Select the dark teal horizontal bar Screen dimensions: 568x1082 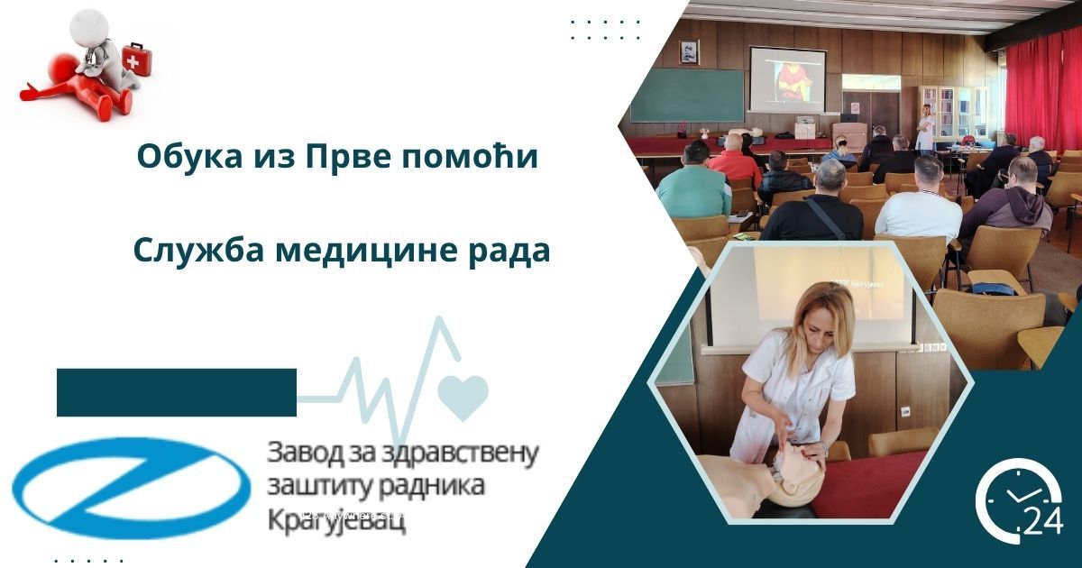tap(177, 392)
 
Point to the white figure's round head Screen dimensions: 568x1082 tap(88, 28)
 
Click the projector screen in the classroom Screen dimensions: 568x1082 tap(787, 79)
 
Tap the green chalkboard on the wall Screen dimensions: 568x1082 tap(686, 95)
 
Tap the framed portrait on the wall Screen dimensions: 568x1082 tap(688, 52)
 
